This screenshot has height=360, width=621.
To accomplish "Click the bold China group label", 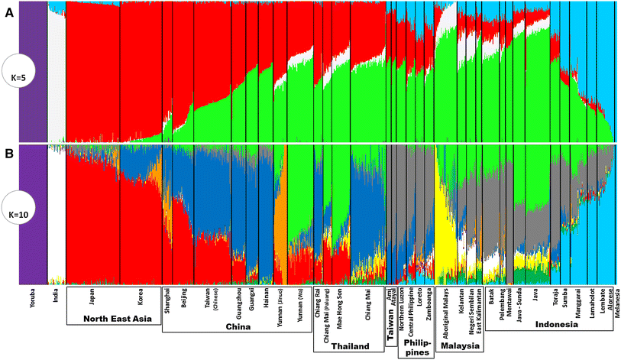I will click(x=238, y=326).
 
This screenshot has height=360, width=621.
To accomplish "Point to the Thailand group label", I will click(x=350, y=346).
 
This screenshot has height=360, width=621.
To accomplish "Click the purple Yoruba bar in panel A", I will click(x=31, y=73).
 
